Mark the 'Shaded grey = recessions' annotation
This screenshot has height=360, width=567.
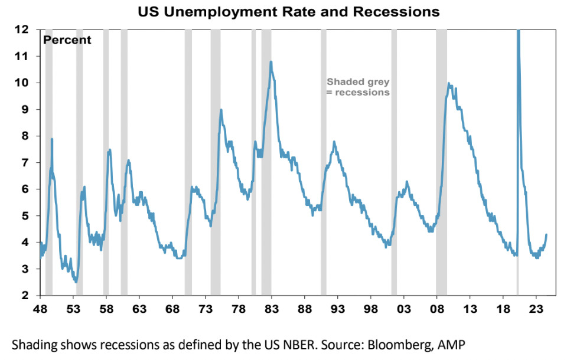[358, 87]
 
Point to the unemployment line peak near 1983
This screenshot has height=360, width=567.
[271, 62]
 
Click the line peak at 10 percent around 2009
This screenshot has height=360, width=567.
[449, 83]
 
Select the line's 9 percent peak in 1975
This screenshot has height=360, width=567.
[220, 110]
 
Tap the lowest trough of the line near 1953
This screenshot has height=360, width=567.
[76, 282]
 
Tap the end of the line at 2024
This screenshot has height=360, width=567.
[546, 235]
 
